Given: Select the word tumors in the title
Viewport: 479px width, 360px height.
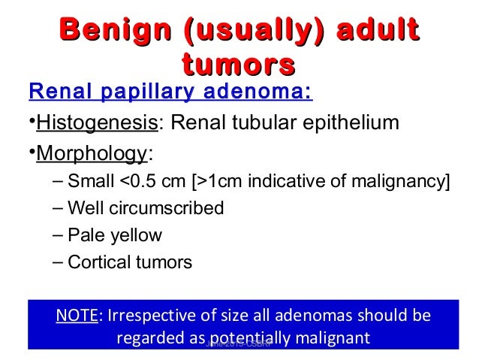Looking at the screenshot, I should coord(239,65).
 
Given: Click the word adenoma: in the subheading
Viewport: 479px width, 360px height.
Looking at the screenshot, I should coord(256,94).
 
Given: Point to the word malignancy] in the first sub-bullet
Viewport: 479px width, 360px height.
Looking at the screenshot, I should coord(408,181).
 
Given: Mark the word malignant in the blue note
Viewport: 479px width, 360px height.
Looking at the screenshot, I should coord(330,337).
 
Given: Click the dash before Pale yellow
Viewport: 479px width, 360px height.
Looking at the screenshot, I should coord(59,235).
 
